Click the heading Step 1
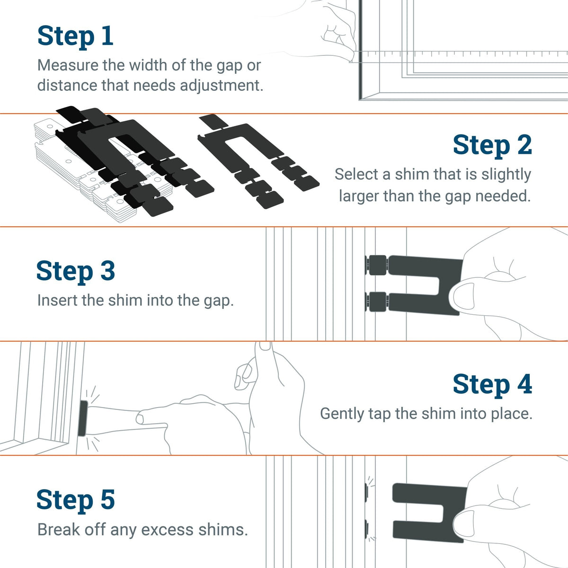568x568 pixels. [75, 36]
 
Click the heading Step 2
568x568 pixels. [492, 145]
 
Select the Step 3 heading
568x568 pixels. [75, 271]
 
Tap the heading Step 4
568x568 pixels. [492, 384]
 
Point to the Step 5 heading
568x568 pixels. [75, 500]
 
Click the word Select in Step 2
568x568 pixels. [356, 175]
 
